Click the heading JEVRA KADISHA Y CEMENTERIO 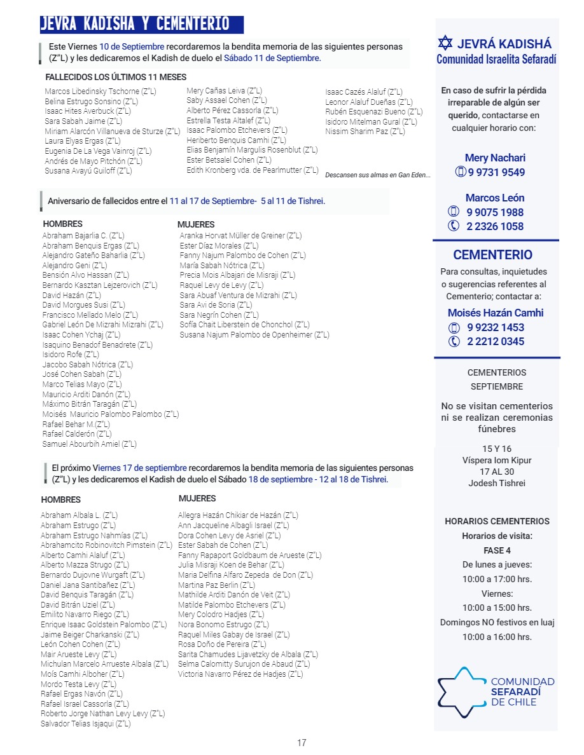(x=135, y=24)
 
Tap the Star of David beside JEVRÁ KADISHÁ (x=445, y=44)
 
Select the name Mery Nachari (x=495, y=158)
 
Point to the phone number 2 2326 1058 (x=495, y=226)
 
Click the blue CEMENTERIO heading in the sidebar (x=493, y=255)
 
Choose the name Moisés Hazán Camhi (x=496, y=313)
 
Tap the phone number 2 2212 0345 (x=496, y=341)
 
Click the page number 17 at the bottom (x=302, y=742)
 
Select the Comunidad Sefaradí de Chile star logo (x=461, y=691)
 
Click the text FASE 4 (x=497, y=550)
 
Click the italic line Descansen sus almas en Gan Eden (x=377, y=175)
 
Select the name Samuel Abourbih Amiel (x=89, y=444)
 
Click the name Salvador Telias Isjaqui (x=85, y=723)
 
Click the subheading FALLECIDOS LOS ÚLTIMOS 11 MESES (x=116, y=77)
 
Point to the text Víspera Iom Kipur (x=497, y=460)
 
